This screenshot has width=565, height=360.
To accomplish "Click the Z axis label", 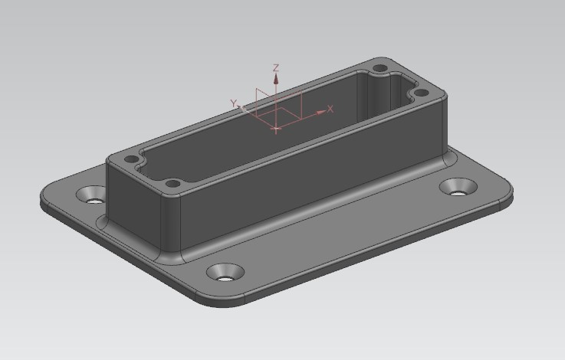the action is click(276, 67).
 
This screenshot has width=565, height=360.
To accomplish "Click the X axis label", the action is click(330, 109).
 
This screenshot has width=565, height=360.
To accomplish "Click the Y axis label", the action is click(235, 103).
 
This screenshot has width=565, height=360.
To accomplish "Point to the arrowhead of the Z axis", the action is click(276, 78).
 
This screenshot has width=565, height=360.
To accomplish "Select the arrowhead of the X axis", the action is click(320, 113).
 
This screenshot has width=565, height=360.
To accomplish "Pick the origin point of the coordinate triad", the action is click(276, 128).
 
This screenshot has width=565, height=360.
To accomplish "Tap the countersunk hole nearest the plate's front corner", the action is click(225, 273).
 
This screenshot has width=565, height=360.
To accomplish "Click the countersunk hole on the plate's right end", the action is click(458, 187).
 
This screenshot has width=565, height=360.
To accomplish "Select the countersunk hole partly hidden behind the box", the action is click(91, 195).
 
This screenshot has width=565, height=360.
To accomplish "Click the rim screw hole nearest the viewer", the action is click(173, 184).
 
